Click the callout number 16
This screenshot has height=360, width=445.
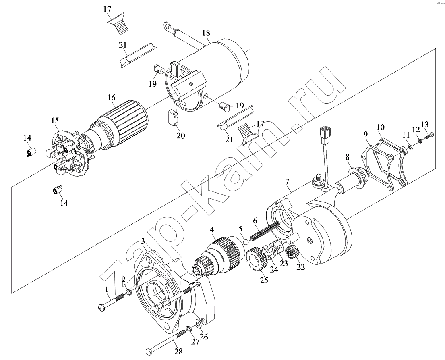(x=111, y=97)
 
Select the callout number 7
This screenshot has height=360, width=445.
(x=288, y=182)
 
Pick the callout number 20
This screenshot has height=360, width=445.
(x=180, y=135)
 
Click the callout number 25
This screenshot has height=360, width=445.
(x=264, y=280)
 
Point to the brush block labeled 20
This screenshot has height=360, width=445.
(x=172, y=118)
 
